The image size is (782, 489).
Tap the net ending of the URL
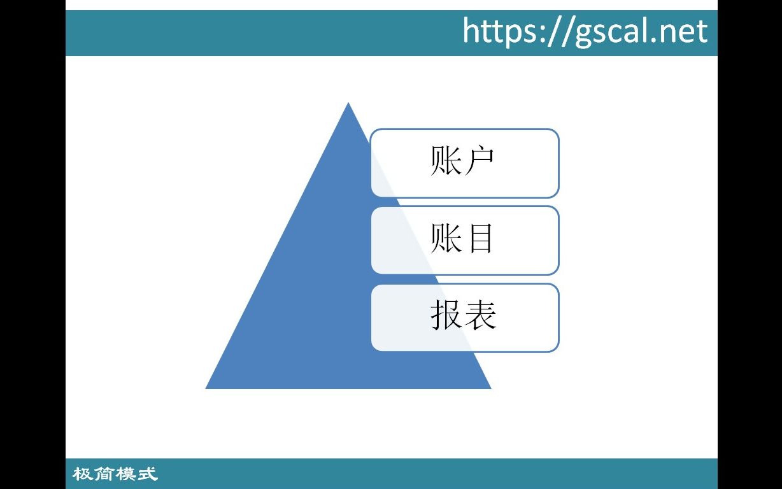coord(685,31)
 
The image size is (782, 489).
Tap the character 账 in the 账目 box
coord(446,239)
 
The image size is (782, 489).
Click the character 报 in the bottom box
coord(446,315)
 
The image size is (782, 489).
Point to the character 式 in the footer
coord(147,474)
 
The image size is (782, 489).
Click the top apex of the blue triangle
coord(348,104)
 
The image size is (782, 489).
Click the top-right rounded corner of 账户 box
coord(555,133)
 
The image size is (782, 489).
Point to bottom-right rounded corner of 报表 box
coord(555,347)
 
